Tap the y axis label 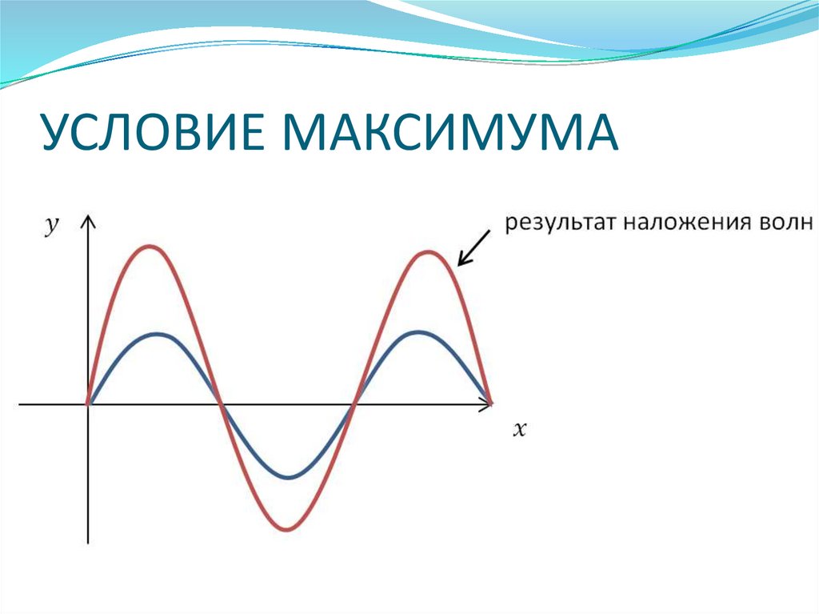[52, 227]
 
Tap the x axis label [519, 429]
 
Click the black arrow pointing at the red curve [473, 247]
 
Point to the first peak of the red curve [152, 246]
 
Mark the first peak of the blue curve [158, 333]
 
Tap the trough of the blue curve [289, 478]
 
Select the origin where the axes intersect [88, 404]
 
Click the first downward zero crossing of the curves [221, 404]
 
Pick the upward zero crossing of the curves [354, 404]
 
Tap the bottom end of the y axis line [88, 544]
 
